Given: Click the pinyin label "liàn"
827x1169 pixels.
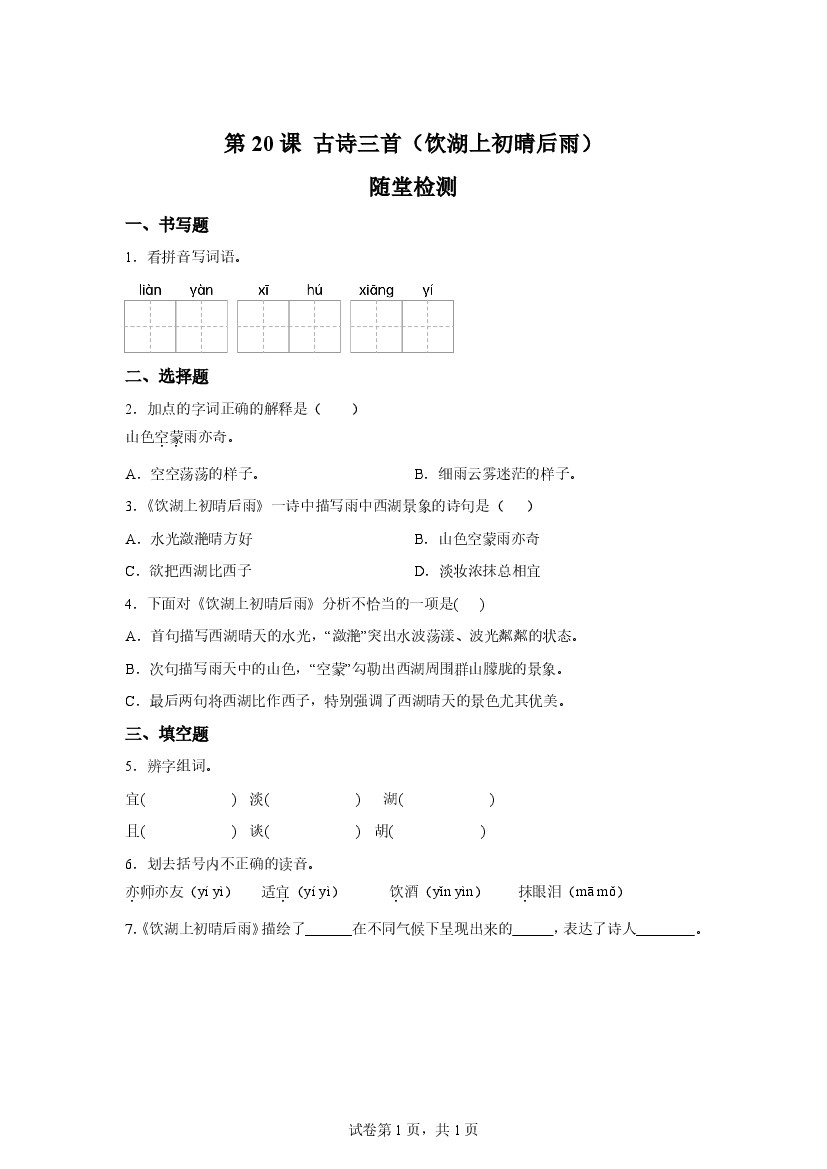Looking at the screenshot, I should point(150,290).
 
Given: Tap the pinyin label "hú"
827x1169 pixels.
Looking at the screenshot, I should point(315,290).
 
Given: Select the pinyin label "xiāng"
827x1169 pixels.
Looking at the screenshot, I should point(376,290).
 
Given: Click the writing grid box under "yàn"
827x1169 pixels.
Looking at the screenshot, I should point(202,326).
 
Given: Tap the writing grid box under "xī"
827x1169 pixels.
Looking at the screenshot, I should point(263,326).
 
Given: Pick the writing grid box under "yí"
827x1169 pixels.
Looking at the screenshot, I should point(428,326).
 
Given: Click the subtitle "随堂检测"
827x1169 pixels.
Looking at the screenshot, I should point(413,187).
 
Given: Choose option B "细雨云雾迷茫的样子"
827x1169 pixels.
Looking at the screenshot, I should point(502,474).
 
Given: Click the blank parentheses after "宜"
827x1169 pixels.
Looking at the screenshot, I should point(189,799).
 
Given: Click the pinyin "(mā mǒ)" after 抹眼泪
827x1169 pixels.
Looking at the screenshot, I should point(598,892).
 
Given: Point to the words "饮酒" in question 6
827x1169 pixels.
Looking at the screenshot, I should point(403,892).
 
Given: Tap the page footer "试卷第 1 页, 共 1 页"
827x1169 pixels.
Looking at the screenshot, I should point(413,1130).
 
